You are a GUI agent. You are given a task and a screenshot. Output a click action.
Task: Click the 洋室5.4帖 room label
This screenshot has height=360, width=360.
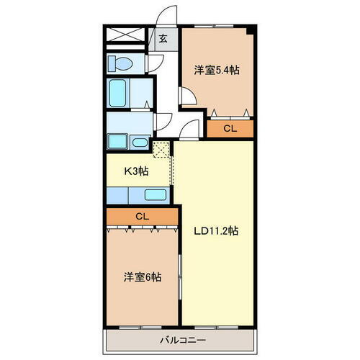216,71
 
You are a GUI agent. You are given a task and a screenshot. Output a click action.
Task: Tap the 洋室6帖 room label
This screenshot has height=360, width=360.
141,276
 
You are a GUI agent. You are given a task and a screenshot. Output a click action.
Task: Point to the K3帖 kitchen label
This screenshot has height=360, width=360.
137,172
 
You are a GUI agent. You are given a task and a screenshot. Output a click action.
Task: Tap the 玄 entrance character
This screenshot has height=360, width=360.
163,40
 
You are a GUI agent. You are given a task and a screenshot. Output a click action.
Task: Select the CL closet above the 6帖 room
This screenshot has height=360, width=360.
142,215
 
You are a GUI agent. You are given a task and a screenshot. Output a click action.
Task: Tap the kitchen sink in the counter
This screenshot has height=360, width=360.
154,194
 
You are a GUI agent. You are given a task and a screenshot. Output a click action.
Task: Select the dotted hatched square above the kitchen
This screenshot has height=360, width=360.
162,149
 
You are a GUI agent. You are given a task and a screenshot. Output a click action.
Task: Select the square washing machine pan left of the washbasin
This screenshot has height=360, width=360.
117,141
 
